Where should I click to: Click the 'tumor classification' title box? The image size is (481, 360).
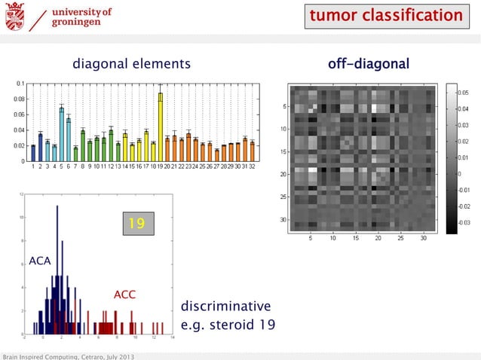pos(385,16)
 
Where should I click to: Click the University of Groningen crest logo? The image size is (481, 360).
pos(14,16)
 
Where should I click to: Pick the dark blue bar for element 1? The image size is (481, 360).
pos(33,154)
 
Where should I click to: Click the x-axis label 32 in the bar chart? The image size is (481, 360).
pos(252,166)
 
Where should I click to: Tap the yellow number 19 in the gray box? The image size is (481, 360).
pos(136,224)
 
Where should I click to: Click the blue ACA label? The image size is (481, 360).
pos(39,261)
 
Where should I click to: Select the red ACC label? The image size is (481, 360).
pos(124,294)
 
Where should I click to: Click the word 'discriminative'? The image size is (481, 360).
pos(225,307)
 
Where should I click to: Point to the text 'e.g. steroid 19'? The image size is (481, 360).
pos(228,325)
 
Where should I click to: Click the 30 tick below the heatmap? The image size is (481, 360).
pos(423,239)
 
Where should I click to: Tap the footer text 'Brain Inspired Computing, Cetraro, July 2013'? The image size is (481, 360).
pos(69,355)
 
